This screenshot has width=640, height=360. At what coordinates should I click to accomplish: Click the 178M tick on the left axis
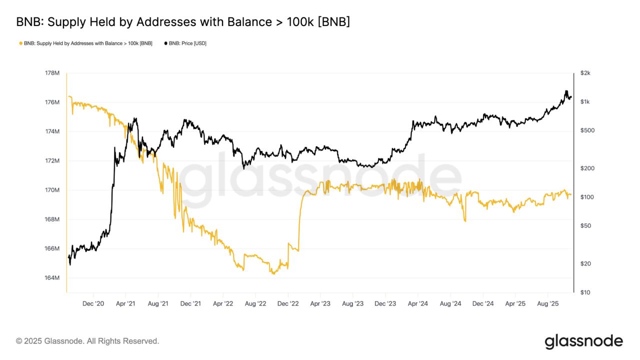[x=52, y=73]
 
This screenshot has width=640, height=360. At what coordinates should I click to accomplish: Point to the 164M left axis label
[x=52, y=278]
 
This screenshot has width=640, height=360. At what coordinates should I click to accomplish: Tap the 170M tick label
[x=52, y=190]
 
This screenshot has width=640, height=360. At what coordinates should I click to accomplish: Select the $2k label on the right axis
[x=585, y=73]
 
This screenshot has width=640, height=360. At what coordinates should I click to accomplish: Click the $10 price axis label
[x=585, y=292]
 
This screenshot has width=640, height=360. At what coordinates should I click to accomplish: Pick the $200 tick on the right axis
[x=587, y=168]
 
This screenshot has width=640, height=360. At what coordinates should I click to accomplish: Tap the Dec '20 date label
[x=93, y=303]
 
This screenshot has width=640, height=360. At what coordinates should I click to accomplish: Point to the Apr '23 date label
[x=320, y=303]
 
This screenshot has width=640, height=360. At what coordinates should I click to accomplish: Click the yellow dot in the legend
[x=20, y=43]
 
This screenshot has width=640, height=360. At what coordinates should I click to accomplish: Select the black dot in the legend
[x=165, y=43]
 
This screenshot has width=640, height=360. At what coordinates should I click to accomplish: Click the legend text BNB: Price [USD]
[x=187, y=43]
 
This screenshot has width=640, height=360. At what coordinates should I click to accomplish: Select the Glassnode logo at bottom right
[x=583, y=341]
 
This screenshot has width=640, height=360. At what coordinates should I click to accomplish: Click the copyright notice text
[x=87, y=341]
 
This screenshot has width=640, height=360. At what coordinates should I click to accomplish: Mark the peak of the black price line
[x=566, y=91]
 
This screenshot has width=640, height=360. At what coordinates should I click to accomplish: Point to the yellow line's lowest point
[x=273, y=273]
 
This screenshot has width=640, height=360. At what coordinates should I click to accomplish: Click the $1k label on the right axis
[x=585, y=102]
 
